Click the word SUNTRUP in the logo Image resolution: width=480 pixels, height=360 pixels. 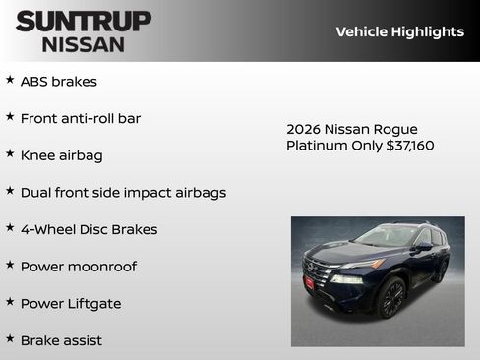(x=84, y=21)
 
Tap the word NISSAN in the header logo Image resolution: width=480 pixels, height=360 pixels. (x=84, y=43)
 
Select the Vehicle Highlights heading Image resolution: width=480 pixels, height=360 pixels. (x=399, y=31)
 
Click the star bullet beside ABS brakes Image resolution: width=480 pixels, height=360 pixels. (x=10, y=80)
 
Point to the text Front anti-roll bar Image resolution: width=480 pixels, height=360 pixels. (x=81, y=118)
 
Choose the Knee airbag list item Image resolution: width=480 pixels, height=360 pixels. (x=61, y=155)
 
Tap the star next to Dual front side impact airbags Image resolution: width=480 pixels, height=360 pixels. (x=10, y=191)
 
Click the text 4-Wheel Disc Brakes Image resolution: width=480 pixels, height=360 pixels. (x=89, y=229)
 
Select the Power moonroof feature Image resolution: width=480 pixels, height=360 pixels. (x=79, y=267)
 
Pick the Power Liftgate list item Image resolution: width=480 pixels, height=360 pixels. (x=71, y=304)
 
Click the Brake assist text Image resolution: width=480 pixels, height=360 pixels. (x=61, y=340)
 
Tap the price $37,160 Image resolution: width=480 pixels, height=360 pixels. (x=410, y=146)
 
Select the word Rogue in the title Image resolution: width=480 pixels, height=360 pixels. (x=397, y=129)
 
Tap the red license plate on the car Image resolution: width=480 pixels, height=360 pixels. (x=310, y=283)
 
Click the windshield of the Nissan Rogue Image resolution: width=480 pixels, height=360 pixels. (x=386, y=236)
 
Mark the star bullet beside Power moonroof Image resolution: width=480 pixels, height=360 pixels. (x=10, y=265)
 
